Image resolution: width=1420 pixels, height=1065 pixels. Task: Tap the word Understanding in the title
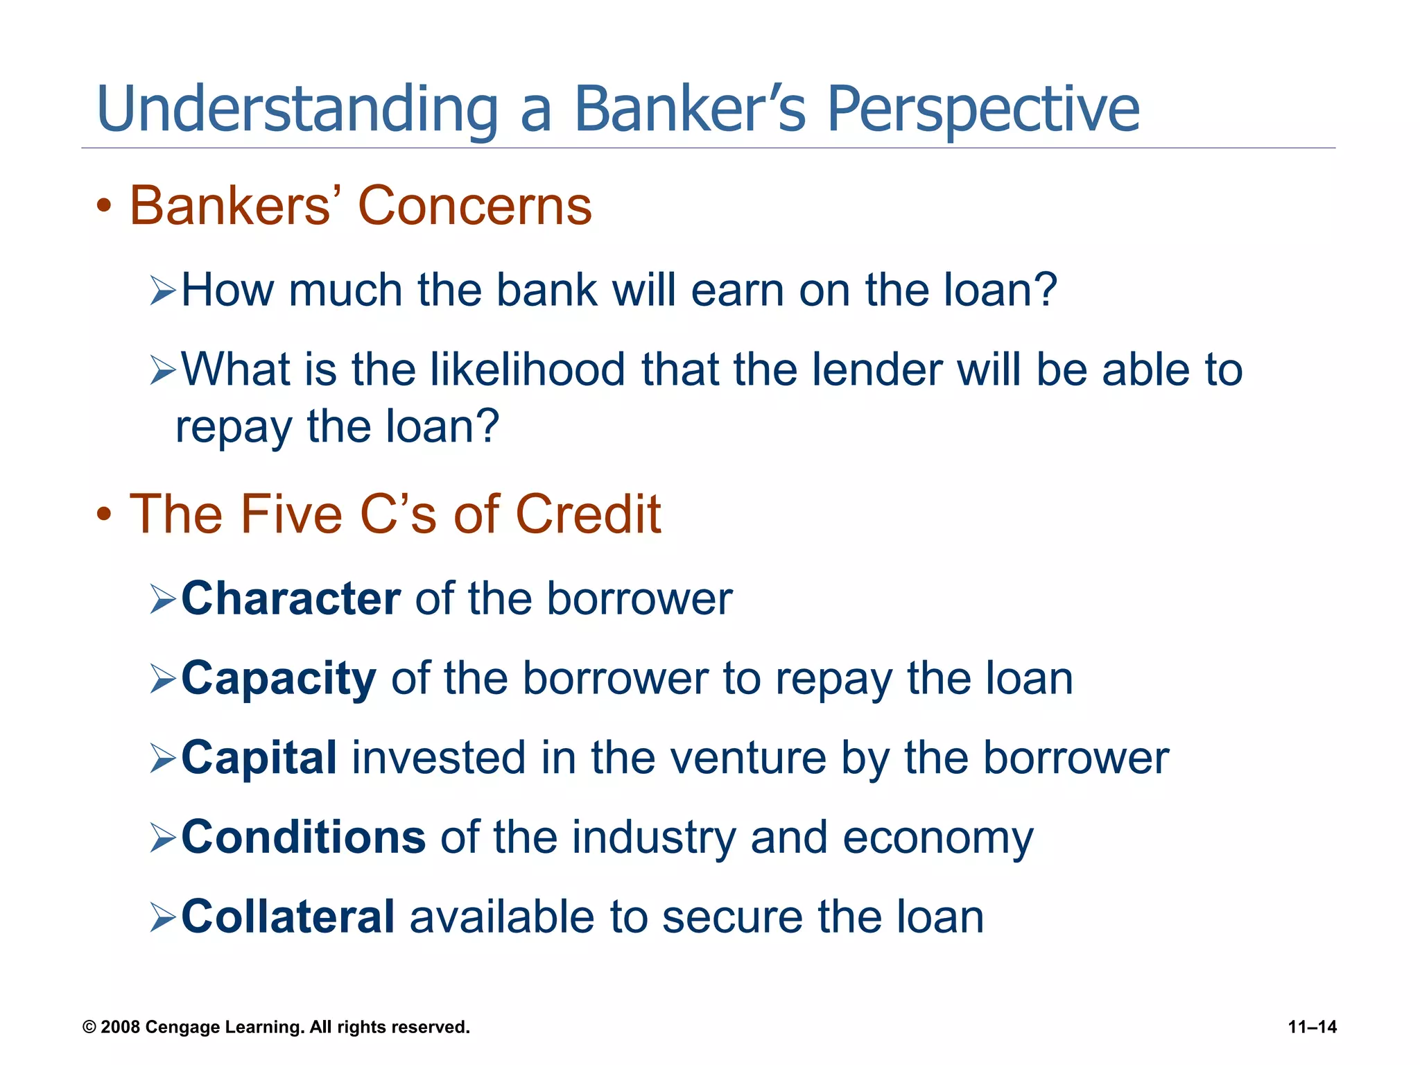[297, 110]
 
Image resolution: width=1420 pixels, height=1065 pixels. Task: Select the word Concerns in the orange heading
[474, 206]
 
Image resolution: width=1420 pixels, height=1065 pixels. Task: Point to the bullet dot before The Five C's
[104, 515]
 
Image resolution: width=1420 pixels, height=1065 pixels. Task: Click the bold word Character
[291, 598]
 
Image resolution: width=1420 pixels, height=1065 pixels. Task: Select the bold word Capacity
[278, 679]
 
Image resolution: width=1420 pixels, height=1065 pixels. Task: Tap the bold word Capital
[259, 757]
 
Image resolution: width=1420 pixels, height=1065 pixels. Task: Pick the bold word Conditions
[303, 838]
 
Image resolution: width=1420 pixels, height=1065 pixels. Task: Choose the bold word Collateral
[288, 917]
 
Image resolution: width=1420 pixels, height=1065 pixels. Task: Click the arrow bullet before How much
[163, 291]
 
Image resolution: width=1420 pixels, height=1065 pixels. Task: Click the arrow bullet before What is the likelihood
[163, 370]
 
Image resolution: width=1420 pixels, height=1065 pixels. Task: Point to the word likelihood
[527, 369]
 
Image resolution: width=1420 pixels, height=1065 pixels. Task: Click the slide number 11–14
[1312, 1027]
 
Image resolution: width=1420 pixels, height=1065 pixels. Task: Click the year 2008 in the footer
[121, 1027]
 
